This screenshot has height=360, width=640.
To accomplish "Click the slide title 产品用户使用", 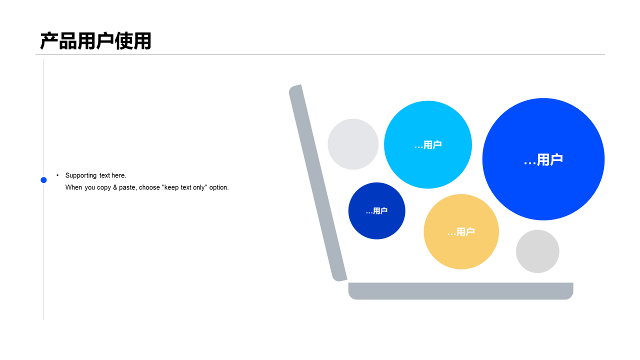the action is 95,41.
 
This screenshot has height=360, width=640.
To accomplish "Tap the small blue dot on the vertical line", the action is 43,180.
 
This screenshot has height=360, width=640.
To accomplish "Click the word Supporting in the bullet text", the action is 81,175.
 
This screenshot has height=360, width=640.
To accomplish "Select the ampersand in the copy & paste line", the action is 115,187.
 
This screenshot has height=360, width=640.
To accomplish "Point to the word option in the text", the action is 219,187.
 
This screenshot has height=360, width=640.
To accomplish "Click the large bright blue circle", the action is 543,159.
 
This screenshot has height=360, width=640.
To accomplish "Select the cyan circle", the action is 427,144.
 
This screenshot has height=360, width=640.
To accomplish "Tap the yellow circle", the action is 461,231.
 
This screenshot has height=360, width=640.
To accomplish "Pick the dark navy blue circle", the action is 376,211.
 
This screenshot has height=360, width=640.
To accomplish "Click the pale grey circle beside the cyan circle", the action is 353,144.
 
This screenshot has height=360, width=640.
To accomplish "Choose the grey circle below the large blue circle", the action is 537,251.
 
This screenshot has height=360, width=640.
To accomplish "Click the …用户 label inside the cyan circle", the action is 427,145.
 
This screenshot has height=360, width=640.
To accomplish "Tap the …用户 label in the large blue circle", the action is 543,159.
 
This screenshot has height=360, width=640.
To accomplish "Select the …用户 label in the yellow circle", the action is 461,231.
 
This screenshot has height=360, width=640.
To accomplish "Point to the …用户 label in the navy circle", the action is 376,211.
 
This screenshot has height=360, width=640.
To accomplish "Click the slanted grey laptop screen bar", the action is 318,183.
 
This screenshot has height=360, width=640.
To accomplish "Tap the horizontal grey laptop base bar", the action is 460,291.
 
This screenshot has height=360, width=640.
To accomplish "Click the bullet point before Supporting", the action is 57,175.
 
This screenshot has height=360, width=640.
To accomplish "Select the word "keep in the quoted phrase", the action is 170,187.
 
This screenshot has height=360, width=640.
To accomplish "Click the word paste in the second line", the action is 127,187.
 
